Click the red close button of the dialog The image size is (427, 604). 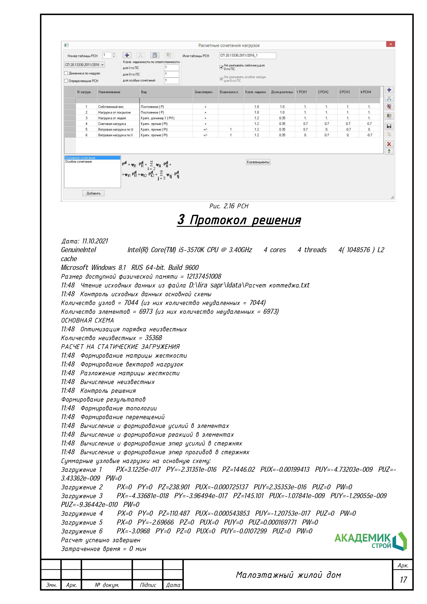[x=390, y=44]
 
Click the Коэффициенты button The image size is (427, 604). [x=258, y=162]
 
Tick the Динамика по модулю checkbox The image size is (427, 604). [x=66, y=73]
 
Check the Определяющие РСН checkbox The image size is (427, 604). [x=66, y=81]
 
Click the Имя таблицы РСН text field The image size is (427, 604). [x=247, y=55]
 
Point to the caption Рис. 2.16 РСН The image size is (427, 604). [x=229, y=206]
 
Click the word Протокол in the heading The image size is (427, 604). [x=218, y=220]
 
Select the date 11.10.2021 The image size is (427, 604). [x=95, y=241]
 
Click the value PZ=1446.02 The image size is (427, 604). [x=238, y=470]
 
